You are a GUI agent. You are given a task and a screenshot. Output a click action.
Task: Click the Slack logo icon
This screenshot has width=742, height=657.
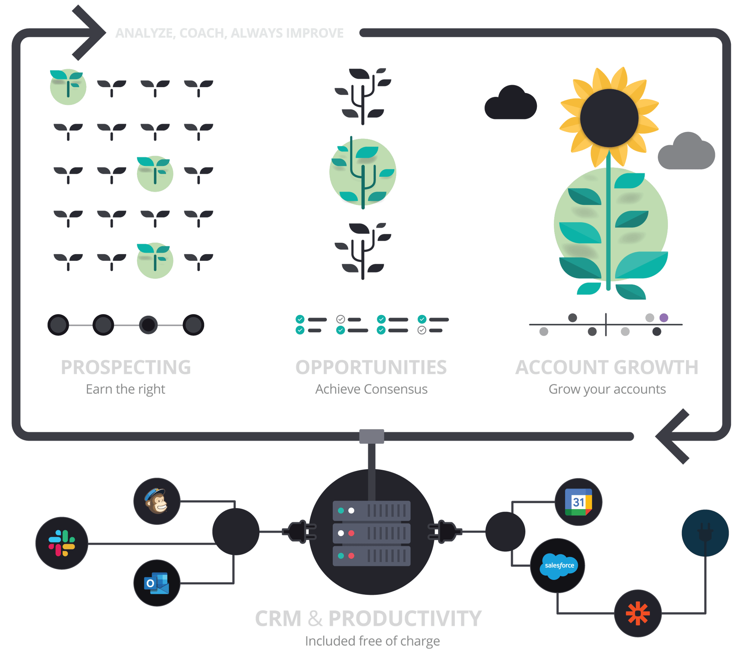(62, 543)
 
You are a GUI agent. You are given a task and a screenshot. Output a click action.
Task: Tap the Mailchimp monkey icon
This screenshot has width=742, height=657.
(157, 501)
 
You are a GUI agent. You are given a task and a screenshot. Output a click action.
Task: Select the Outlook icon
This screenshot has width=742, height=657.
(157, 583)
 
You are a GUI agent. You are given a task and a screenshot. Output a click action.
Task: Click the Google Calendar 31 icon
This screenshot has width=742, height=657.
(578, 502)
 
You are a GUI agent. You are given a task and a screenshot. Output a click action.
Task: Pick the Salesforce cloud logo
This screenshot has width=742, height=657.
(558, 565)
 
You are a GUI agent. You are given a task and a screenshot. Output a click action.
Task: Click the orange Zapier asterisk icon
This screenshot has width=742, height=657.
(638, 613)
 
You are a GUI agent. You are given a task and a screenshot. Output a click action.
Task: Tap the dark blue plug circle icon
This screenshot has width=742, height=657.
(705, 533)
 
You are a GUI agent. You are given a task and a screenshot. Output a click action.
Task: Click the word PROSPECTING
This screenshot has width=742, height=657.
(126, 367)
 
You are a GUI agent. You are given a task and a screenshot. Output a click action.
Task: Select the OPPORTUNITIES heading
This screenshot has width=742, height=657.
(371, 367)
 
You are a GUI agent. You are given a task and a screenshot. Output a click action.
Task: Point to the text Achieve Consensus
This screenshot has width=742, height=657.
(371, 389)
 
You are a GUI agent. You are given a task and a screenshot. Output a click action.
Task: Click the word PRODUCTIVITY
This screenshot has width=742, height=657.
(405, 618)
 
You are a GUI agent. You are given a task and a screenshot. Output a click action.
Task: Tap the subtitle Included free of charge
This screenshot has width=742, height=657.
(372, 641)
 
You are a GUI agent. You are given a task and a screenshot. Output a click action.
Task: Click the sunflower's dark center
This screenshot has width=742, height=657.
(609, 118)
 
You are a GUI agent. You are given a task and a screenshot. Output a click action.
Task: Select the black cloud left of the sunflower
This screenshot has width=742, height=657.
(510, 103)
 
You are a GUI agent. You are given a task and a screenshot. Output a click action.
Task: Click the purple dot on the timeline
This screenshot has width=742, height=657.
(664, 318)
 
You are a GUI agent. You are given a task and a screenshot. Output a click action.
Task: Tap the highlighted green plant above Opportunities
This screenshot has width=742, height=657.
(363, 172)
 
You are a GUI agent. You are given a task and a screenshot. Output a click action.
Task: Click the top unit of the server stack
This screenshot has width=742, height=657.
(371, 511)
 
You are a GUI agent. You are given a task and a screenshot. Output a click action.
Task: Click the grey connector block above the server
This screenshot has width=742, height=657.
(371, 436)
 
